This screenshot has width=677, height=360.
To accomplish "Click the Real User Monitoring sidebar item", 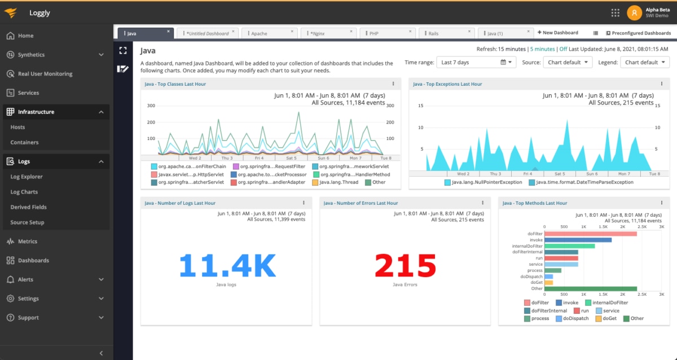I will coord(45,74).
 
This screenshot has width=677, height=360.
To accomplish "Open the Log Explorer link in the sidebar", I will coord(27,177).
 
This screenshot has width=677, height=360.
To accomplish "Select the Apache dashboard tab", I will coord(259,34).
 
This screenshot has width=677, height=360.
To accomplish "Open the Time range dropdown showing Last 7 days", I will coord(477,62).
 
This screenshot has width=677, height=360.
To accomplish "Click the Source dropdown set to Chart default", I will coord(568,62).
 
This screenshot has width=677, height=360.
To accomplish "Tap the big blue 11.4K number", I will coord(227,265).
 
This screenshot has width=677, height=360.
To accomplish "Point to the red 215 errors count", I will coord(405,265).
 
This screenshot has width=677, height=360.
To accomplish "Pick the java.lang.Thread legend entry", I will coord(338,182).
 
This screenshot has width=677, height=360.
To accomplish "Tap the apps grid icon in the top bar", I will coord(616,12).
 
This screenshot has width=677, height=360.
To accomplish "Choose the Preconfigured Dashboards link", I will coord(638,33).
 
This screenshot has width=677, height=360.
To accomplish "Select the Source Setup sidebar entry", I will coord(27,222).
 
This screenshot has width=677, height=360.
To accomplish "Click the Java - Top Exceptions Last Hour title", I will coord(447,84).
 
